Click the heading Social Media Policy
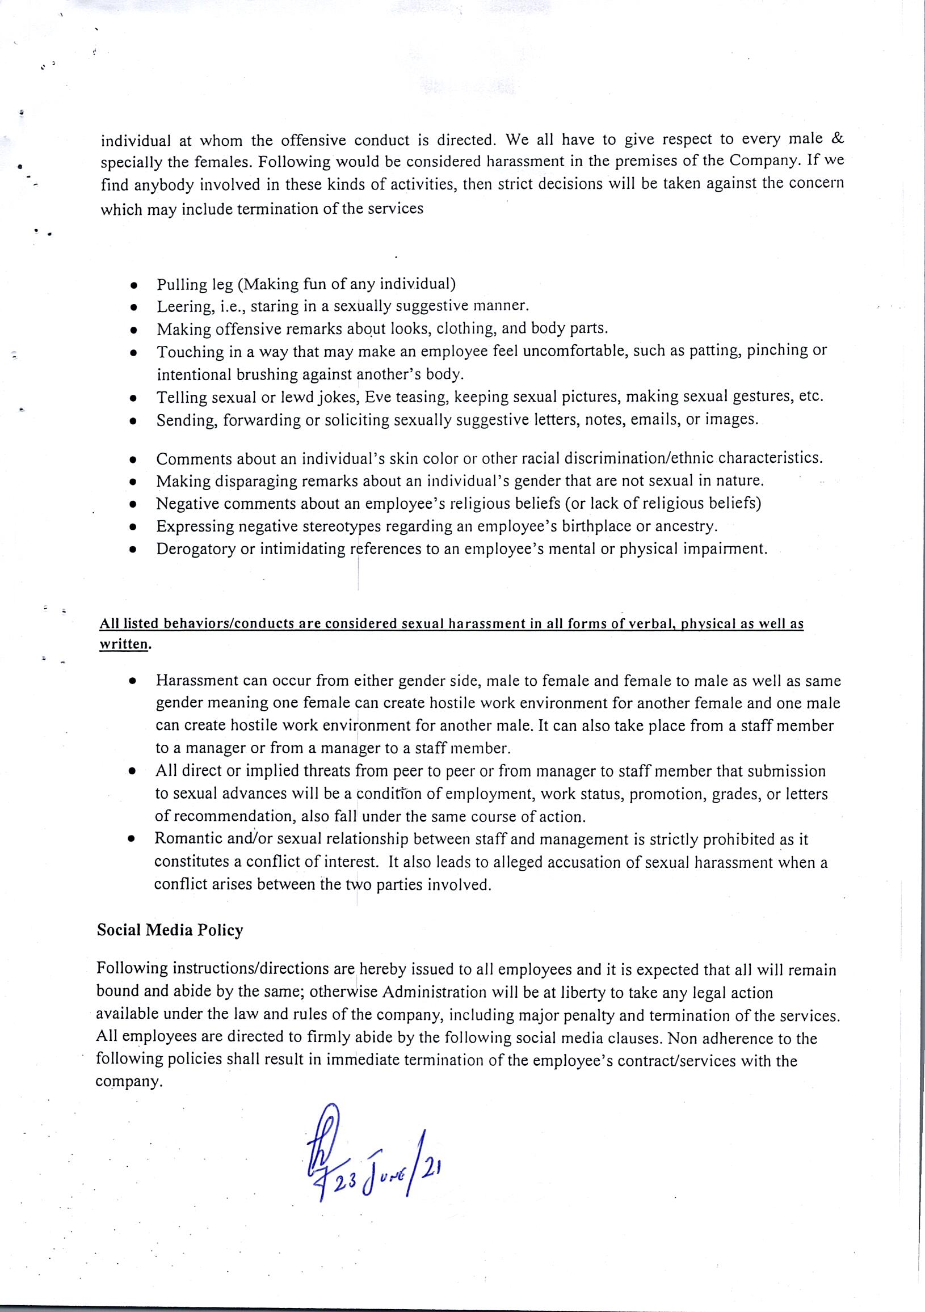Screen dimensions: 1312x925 point(170,930)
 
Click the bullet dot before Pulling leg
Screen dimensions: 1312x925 point(133,285)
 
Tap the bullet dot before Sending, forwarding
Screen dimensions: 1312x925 point(133,421)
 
